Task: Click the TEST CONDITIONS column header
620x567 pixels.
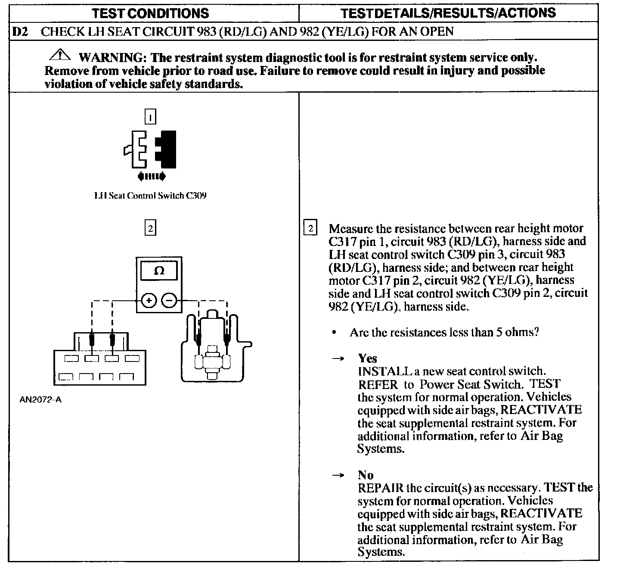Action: pyautogui.click(x=151, y=13)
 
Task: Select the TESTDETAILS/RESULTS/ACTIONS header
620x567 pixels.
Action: pyautogui.click(x=448, y=13)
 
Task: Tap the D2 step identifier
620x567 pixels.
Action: pyautogui.click(x=21, y=31)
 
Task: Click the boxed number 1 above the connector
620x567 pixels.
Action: pyautogui.click(x=150, y=117)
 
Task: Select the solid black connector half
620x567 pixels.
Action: pyautogui.click(x=167, y=149)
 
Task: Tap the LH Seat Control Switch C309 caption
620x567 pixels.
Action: pyautogui.click(x=150, y=196)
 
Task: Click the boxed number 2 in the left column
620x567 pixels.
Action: pyautogui.click(x=150, y=228)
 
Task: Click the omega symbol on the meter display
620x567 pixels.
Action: pyautogui.click(x=159, y=271)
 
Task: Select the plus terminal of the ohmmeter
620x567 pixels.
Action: pyautogui.click(x=149, y=300)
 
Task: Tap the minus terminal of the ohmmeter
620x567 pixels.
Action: pyautogui.click(x=169, y=300)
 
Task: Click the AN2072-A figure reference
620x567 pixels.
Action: pyautogui.click(x=41, y=399)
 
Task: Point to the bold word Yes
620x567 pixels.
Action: pyautogui.click(x=367, y=358)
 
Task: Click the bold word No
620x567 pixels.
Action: pyautogui.click(x=366, y=475)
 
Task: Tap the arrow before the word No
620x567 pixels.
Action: pyautogui.click(x=339, y=475)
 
